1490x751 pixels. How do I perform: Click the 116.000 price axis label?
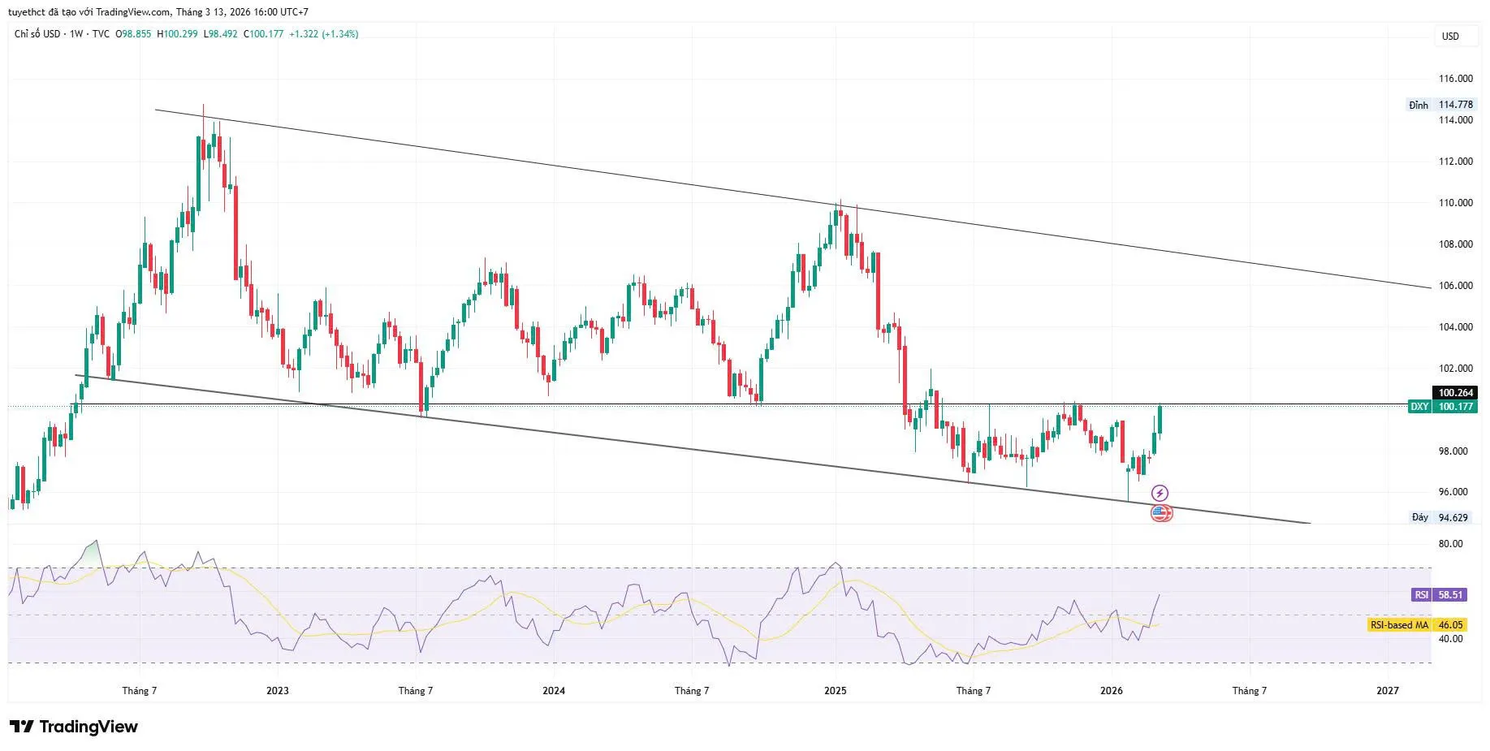(1455, 79)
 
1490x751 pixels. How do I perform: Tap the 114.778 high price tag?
(1455, 105)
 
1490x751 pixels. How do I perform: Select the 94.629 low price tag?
(1453, 517)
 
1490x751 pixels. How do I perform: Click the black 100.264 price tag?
(1455, 393)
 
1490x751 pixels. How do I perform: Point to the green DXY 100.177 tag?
(1441, 407)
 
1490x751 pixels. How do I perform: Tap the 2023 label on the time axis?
(277, 691)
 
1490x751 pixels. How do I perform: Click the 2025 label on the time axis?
(835, 691)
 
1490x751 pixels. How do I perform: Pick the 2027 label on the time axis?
(1388, 691)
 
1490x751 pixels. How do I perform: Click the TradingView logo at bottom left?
(74, 727)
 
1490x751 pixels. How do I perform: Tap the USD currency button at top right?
(1450, 37)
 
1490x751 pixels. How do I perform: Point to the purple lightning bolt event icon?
(1160, 493)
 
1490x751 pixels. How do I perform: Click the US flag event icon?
(1161, 513)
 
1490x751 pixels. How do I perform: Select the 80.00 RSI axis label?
(1450, 544)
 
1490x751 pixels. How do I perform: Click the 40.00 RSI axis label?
(1450, 639)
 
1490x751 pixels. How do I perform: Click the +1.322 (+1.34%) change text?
(323, 34)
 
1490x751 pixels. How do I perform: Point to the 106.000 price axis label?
(1455, 286)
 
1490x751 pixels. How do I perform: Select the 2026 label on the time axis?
(1111, 691)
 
